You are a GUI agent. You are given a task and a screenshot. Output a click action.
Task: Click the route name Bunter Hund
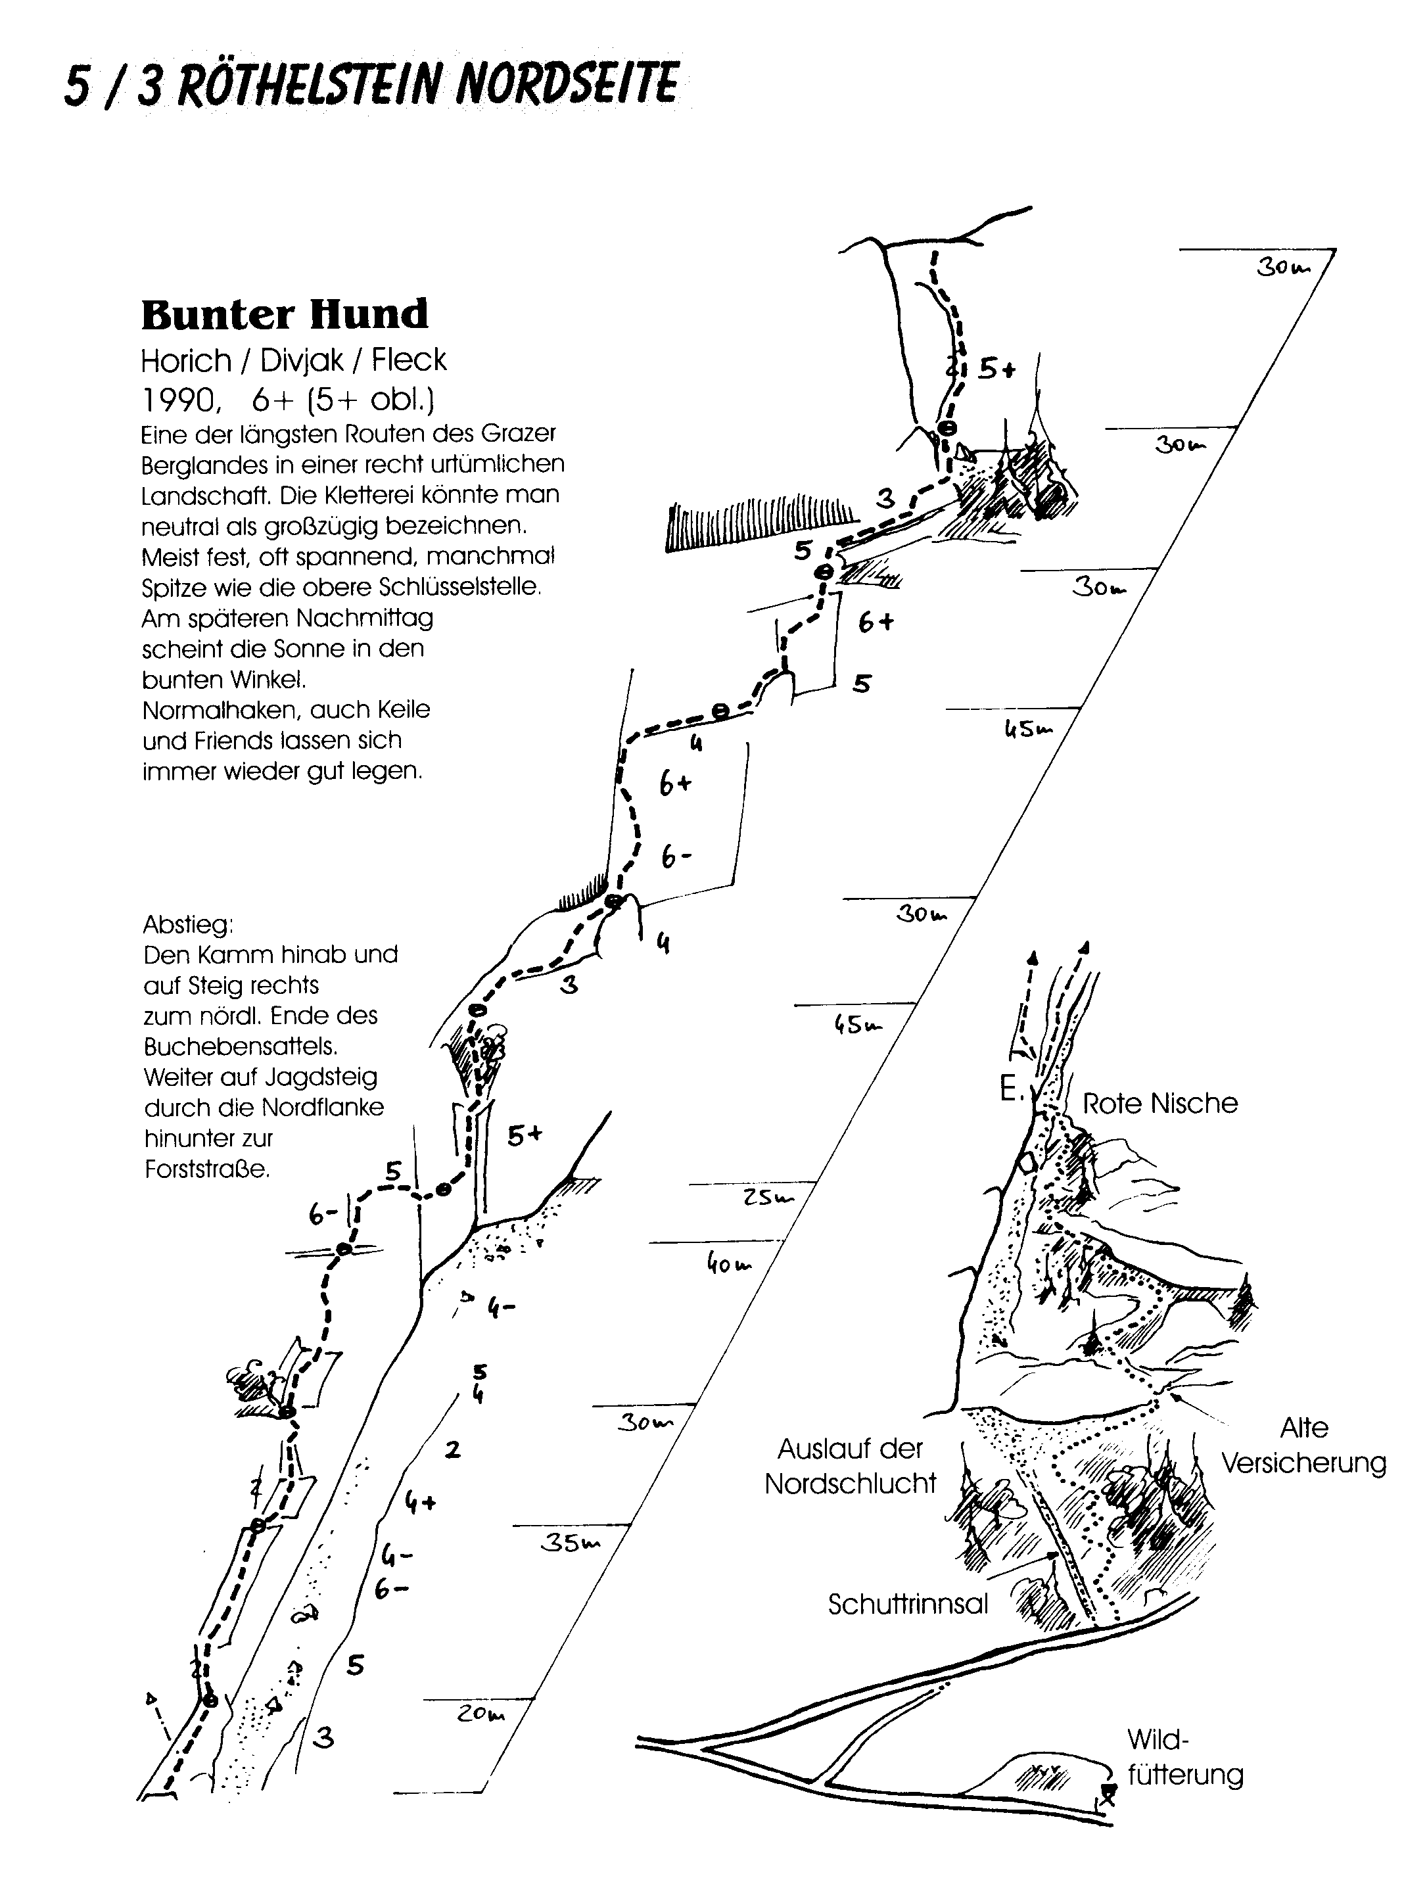point(285,314)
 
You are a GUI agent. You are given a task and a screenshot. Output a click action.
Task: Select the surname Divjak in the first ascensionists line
point(301,361)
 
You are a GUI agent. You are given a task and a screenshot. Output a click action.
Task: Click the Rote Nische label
point(1159,1103)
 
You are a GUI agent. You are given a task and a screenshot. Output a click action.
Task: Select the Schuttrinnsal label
point(908,1604)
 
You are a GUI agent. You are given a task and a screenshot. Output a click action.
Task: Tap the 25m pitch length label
point(767,1198)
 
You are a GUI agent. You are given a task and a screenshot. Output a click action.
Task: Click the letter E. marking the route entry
point(1010,1089)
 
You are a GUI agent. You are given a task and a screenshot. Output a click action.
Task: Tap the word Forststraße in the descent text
point(207,1169)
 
